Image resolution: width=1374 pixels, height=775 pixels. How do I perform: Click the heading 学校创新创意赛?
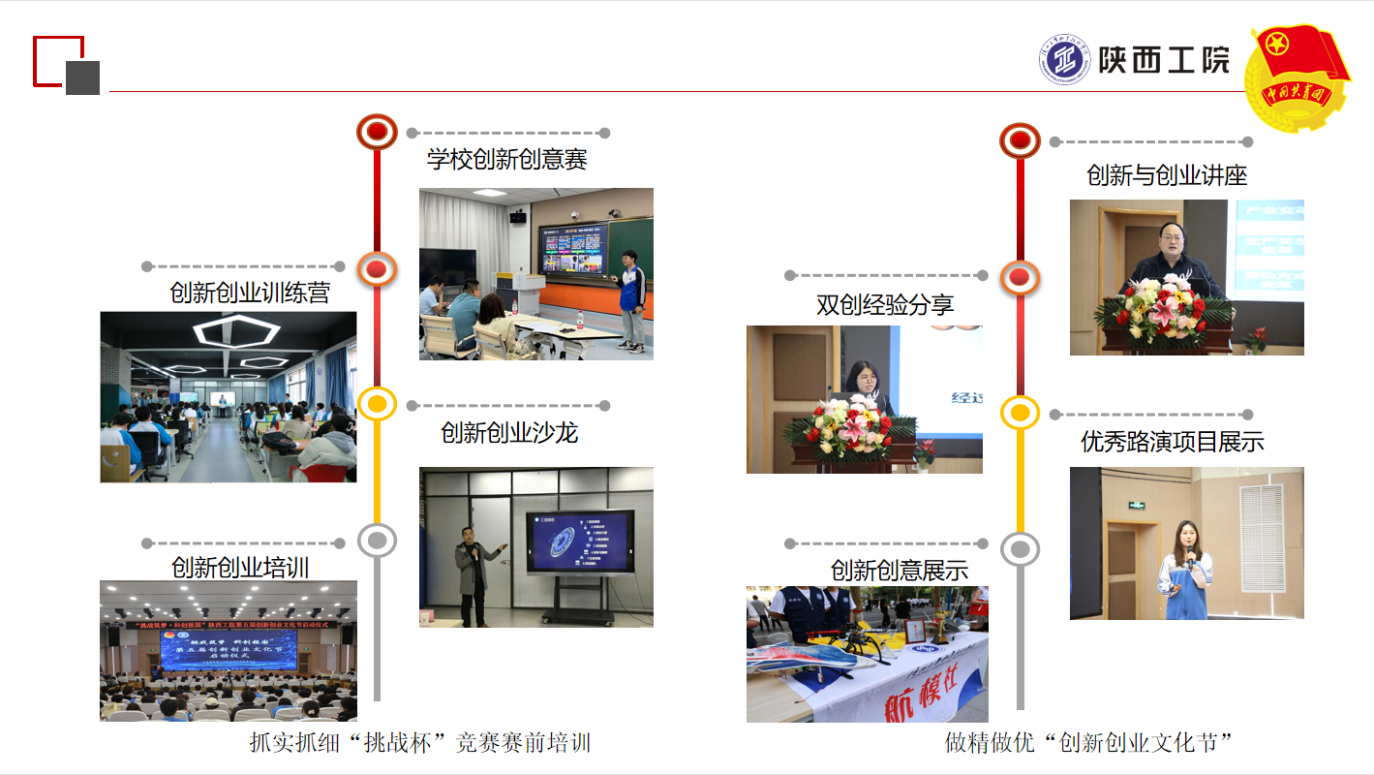click(x=506, y=158)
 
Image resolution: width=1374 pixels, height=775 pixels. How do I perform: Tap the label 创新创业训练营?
click(x=250, y=293)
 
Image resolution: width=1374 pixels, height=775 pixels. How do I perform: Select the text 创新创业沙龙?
click(x=508, y=432)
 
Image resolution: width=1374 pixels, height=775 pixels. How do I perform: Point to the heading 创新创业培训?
click(x=240, y=567)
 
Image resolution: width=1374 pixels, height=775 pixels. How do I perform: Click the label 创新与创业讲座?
click(x=1167, y=175)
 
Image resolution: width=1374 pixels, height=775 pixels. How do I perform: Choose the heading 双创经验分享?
click(x=885, y=305)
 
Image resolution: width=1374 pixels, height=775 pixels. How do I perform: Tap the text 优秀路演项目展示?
click(x=1172, y=442)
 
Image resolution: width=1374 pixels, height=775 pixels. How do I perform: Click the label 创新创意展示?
click(x=899, y=571)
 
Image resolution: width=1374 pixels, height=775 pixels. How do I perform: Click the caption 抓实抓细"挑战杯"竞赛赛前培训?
click(x=419, y=743)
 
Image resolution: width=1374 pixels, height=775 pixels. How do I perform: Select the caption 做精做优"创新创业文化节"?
click(x=1088, y=743)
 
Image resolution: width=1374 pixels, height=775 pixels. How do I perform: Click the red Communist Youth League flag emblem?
click(x=1297, y=77)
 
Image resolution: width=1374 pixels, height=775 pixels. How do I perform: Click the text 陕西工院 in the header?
click(x=1164, y=60)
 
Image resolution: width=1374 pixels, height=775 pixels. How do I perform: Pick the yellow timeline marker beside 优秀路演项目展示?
click(x=1020, y=414)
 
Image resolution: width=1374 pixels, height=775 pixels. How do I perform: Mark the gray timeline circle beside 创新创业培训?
click(x=377, y=540)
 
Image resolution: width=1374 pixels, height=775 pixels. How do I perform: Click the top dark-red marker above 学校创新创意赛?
click(x=377, y=132)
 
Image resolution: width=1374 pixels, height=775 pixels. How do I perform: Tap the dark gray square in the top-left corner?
click(x=82, y=77)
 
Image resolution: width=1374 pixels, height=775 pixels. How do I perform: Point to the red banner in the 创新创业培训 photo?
click(x=229, y=626)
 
